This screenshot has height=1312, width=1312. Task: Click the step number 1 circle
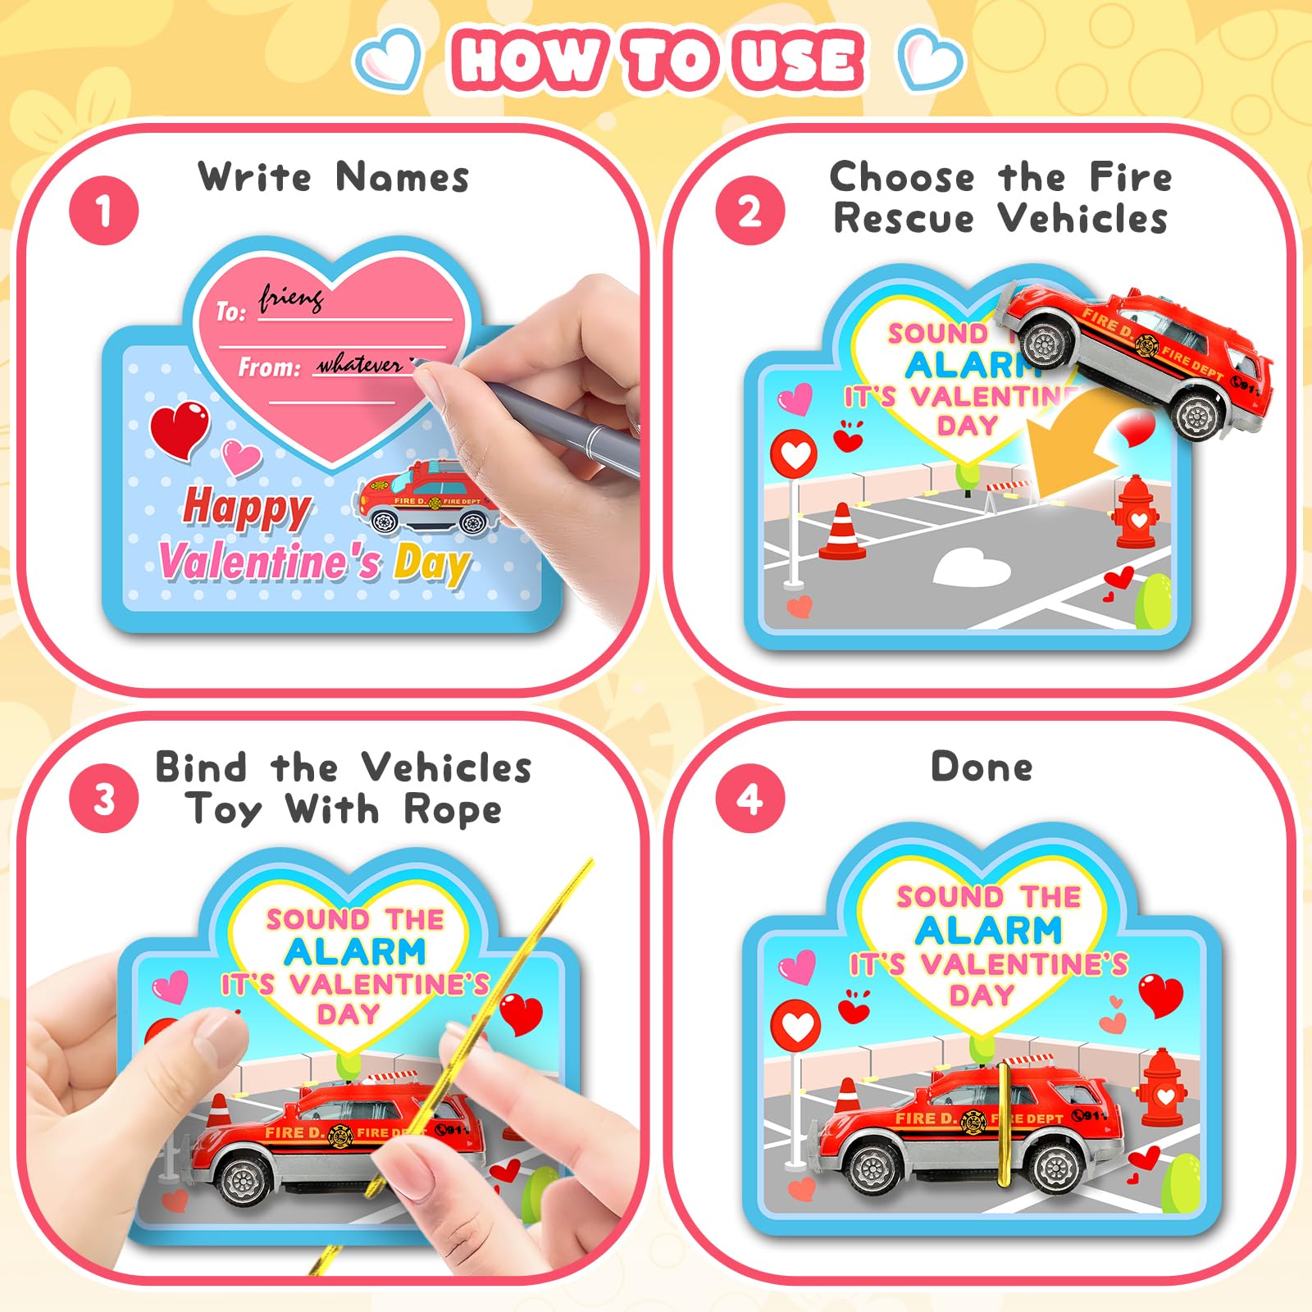click(104, 211)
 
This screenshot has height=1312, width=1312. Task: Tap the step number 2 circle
click(749, 211)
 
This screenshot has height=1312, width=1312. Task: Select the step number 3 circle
click(104, 799)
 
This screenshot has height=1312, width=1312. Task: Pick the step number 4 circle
click(749, 799)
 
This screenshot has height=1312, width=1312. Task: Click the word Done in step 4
click(982, 767)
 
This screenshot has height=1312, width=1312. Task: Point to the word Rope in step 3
click(453, 811)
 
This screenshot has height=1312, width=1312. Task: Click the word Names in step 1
click(403, 176)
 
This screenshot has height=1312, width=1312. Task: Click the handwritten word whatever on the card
click(361, 364)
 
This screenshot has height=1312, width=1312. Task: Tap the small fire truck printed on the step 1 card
click(426, 498)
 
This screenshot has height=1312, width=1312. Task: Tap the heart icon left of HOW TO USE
click(389, 59)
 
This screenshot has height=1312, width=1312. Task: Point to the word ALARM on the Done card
click(989, 930)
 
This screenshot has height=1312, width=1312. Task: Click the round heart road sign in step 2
click(794, 453)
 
